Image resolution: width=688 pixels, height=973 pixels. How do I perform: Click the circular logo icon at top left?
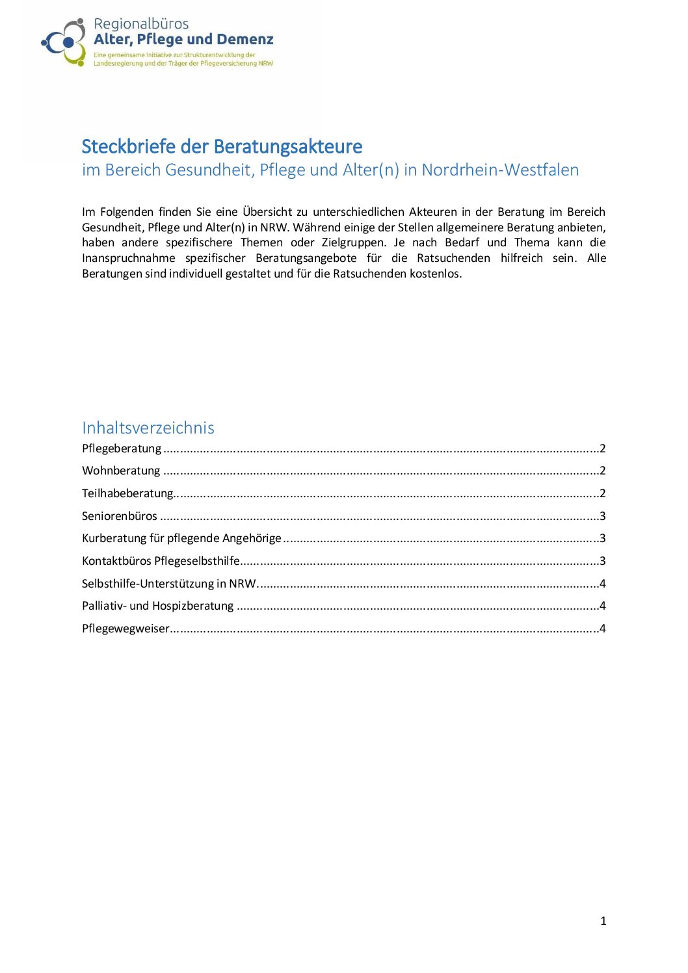click(x=64, y=42)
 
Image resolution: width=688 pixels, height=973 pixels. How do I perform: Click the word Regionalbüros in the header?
click(x=141, y=24)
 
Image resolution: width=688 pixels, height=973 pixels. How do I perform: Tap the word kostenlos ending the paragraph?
click(x=435, y=274)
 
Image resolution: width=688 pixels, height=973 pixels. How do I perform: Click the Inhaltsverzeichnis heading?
click(x=148, y=428)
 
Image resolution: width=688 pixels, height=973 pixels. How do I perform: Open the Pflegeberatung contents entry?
click(x=122, y=448)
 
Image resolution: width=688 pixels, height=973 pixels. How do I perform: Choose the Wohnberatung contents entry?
click(x=121, y=471)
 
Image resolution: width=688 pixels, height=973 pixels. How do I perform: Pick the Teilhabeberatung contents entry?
click(x=127, y=493)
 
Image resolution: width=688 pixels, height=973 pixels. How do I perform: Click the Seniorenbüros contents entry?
click(x=120, y=516)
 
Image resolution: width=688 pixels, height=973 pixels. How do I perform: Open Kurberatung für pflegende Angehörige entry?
click(x=181, y=538)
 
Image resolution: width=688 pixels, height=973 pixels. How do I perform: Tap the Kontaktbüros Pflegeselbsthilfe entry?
click(x=161, y=561)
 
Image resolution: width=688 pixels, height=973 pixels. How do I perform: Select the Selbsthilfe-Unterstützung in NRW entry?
click(x=169, y=584)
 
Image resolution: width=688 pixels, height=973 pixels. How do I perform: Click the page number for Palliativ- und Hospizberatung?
click(x=603, y=606)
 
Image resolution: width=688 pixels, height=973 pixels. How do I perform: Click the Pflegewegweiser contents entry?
click(x=126, y=629)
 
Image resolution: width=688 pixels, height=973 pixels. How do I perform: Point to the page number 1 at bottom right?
click(x=603, y=921)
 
